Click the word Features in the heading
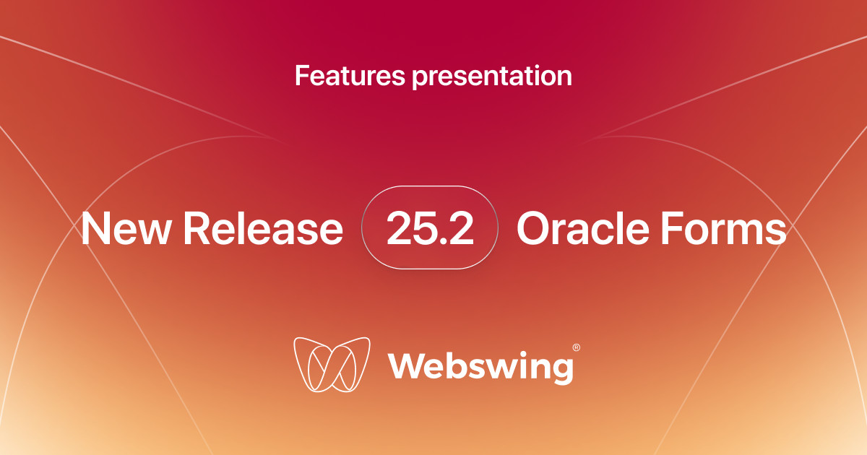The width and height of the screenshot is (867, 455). click(x=350, y=75)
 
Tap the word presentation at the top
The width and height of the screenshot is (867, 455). click(x=492, y=77)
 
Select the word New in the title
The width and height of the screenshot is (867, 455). click(x=126, y=228)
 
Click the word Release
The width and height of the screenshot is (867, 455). click(x=263, y=228)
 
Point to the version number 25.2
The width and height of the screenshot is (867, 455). click(x=430, y=228)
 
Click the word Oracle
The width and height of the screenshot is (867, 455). click(x=583, y=228)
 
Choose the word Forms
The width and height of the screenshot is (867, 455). click(x=724, y=228)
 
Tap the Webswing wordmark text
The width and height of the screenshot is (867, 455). click(x=481, y=367)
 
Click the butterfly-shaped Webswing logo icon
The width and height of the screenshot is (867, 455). click(x=332, y=365)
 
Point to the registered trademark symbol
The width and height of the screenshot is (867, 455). click(x=577, y=347)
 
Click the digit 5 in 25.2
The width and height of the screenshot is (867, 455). click(x=426, y=228)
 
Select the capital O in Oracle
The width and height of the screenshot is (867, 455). click(x=535, y=228)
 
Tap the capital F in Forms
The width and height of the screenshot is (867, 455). click(x=673, y=228)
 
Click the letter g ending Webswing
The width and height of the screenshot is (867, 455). click(x=562, y=370)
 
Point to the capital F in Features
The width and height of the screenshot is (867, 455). click(x=302, y=75)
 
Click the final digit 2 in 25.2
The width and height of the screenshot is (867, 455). click(x=462, y=228)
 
